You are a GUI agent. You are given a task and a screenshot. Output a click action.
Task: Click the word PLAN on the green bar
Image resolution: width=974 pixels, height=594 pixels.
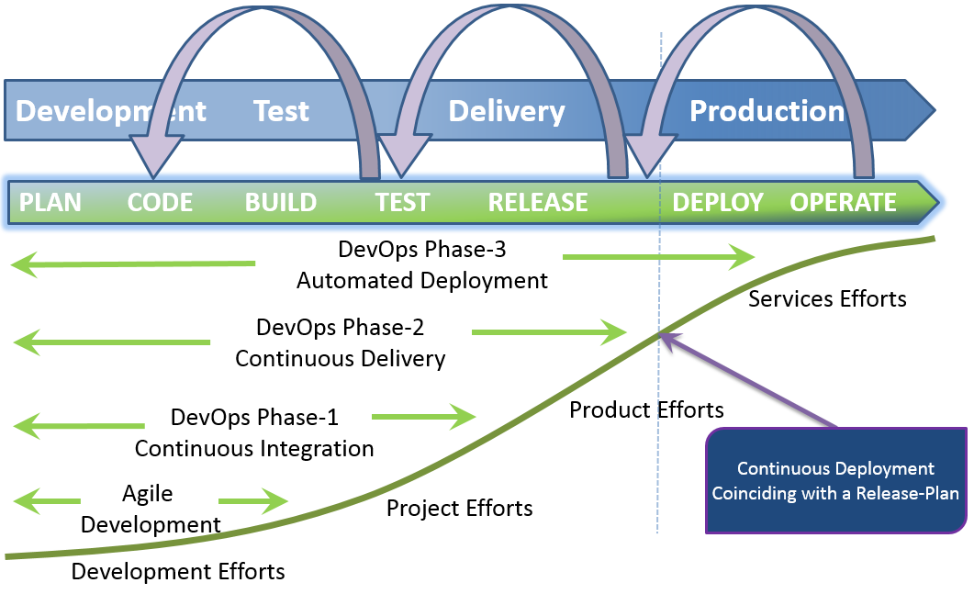pos(50,203)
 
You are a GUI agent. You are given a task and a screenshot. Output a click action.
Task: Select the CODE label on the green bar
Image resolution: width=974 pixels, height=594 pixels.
pos(160,203)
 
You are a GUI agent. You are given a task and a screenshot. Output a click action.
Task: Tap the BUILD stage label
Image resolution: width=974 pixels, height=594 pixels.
pos(281,203)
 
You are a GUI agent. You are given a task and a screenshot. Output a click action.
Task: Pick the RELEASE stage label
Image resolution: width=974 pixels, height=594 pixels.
pos(538,203)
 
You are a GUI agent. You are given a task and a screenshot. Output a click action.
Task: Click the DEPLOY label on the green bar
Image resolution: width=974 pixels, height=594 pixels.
pos(718,203)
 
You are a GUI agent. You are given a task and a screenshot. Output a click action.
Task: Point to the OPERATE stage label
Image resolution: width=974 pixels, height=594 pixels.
pos(843,203)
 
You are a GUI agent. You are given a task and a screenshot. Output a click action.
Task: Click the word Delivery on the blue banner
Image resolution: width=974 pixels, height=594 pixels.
pos(507,112)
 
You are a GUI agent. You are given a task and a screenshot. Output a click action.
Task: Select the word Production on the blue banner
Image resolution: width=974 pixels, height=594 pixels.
pos(767,111)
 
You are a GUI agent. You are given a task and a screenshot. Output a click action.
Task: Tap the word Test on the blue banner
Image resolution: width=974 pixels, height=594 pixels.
pos(282,111)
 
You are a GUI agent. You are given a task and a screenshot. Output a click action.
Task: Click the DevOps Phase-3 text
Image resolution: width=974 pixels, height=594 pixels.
pos(421,249)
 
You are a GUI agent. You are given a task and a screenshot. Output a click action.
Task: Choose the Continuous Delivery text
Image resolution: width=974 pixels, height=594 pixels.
pos(341,359)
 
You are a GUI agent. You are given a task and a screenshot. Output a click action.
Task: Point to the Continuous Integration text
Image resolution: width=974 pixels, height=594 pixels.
pos(254,449)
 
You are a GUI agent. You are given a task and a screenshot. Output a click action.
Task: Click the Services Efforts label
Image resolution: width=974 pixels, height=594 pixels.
pos(827,299)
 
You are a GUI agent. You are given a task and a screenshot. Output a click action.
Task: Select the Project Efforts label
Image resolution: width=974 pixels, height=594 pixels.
pos(460,509)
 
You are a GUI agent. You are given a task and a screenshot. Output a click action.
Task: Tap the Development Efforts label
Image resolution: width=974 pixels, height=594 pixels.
pos(178,572)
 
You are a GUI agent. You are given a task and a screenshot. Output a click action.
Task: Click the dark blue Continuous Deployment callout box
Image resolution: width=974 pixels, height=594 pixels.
pos(836,480)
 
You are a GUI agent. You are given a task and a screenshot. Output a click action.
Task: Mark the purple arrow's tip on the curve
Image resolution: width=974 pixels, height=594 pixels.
pos(659,333)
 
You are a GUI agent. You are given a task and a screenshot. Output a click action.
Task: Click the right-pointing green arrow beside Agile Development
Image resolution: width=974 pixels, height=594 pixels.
pos(252,500)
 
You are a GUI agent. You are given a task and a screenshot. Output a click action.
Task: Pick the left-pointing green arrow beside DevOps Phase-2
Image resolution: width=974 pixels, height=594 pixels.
pos(112,342)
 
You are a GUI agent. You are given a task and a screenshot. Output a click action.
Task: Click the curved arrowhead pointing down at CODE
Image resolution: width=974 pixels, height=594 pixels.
pos(153,157)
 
